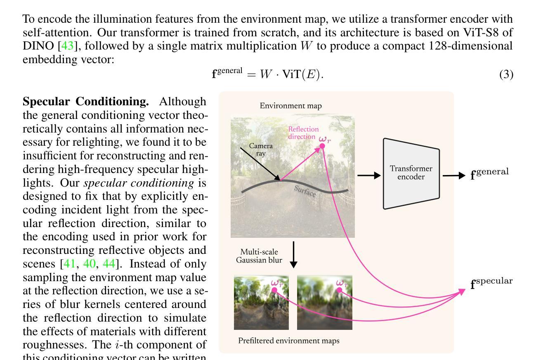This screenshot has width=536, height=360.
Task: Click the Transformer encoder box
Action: (x=411, y=173)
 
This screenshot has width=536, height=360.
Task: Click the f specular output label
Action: (x=491, y=283)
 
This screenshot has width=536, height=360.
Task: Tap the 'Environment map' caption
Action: (x=290, y=106)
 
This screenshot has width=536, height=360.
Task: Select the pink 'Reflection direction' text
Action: (x=303, y=133)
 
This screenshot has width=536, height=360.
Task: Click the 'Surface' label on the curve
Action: (x=305, y=191)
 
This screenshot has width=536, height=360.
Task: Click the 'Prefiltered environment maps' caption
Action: (x=289, y=341)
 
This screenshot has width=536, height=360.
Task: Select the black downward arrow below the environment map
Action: (x=293, y=254)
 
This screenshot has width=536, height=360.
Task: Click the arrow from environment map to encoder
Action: (x=368, y=175)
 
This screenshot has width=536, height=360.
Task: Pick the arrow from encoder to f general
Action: (x=453, y=175)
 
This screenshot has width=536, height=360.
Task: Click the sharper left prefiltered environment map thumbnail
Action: (x=261, y=303)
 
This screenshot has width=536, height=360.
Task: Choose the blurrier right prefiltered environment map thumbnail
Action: (x=325, y=303)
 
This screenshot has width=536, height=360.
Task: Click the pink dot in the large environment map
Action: (x=322, y=146)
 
